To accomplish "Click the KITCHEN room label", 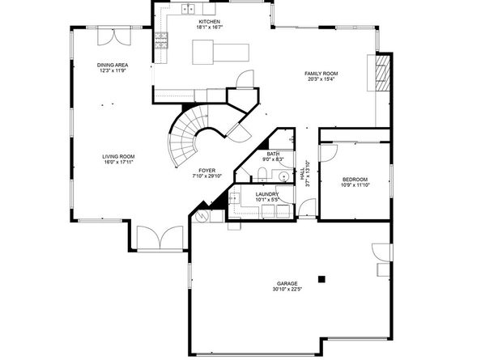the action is [209, 22].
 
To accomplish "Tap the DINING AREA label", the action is [113, 65].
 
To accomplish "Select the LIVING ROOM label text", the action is [118, 157].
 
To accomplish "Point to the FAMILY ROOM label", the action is [321, 74].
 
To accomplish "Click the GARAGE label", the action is [287, 284].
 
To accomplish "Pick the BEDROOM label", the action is [355, 180].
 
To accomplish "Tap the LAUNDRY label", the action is [267, 194].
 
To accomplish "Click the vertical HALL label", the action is [303, 173].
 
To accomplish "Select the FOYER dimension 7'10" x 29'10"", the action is [207, 176].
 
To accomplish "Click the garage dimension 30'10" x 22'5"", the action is [287, 289].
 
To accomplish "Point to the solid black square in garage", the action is [321, 279].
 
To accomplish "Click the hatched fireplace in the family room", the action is [383, 73].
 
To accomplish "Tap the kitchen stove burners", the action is [161, 40].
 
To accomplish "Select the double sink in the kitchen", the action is [188, 9].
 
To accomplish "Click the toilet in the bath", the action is [262, 174].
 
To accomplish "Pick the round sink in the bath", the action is [284, 177].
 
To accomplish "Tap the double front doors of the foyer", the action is [160, 238].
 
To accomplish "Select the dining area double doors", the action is [114, 36].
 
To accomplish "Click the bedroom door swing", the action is [329, 153].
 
